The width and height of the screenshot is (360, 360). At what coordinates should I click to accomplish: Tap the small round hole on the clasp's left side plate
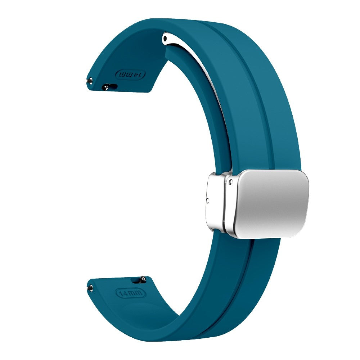click(x=208, y=201)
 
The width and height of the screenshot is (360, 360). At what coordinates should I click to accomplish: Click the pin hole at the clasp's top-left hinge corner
click(x=231, y=182)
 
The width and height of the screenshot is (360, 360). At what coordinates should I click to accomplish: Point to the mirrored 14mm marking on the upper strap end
click(x=131, y=75)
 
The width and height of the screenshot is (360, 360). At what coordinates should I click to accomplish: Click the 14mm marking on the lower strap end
click(x=131, y=293)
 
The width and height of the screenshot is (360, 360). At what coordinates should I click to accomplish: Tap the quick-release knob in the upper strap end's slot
click(x=106, y=87)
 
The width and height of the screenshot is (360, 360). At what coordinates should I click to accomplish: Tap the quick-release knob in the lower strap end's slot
click(x=143, y=279)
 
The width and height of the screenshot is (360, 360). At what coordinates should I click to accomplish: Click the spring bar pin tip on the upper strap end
click(x=90, y=81)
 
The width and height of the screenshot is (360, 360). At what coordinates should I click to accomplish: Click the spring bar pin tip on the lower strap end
click(x=90, y=288)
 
